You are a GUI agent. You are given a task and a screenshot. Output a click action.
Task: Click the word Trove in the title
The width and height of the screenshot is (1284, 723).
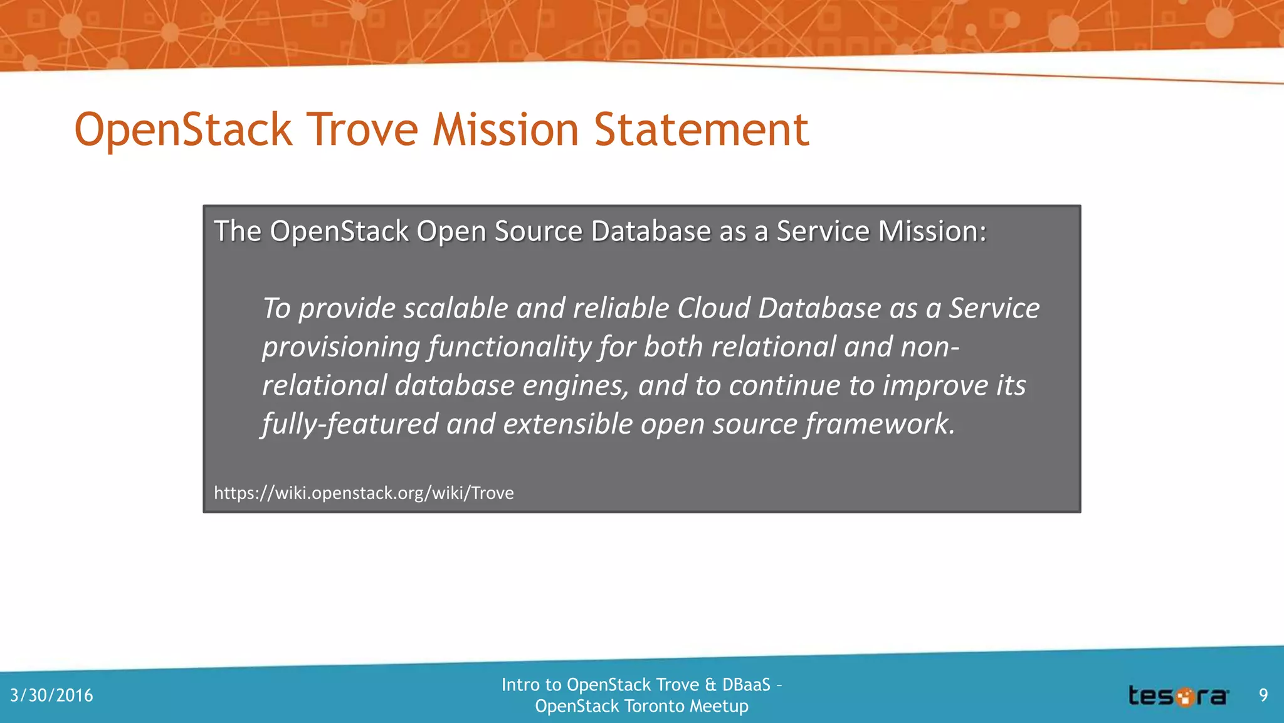[x=364, y=130]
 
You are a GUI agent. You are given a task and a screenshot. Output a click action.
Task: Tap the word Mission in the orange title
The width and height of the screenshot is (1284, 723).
[x=506, y=130]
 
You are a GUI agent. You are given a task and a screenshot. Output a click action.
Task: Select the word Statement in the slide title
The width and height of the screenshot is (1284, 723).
[x=701, y=130]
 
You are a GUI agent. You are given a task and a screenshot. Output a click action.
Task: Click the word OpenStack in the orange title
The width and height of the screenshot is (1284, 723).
[x=183, y=130]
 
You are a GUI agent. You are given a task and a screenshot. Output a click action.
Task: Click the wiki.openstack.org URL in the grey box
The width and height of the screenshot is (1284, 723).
[x=364, y=493]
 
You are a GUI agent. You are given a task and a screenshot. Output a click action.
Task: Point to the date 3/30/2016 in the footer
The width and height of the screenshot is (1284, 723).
[x=51, y=695]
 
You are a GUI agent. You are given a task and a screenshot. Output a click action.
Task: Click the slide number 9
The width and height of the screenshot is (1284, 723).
[x=1263, y=695]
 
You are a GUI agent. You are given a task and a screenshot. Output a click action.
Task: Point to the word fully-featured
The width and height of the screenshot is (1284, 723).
[x=350, y=424]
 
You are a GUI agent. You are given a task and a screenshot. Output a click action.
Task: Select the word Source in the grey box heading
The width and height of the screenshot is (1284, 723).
[x=539, y=232]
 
